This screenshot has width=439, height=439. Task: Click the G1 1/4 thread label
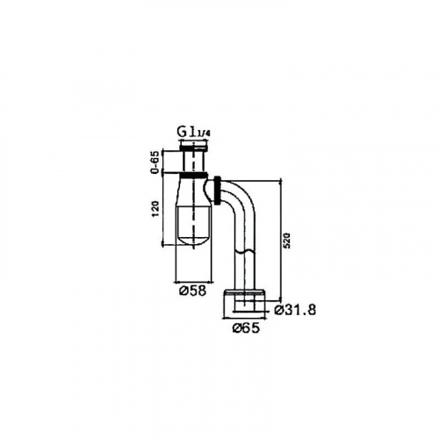(194, 133)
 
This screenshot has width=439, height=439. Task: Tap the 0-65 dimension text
(155, 162)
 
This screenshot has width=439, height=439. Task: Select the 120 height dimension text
(155, 209)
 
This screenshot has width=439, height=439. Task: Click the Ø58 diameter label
(193, 291)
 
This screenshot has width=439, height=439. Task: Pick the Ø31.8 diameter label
(295, 310)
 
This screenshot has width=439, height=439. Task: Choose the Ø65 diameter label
(246, 328)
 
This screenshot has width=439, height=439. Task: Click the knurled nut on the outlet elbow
(218, 191)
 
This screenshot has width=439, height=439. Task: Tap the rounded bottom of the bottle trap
(193, 240)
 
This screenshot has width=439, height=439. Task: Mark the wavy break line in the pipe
(245, 252)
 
